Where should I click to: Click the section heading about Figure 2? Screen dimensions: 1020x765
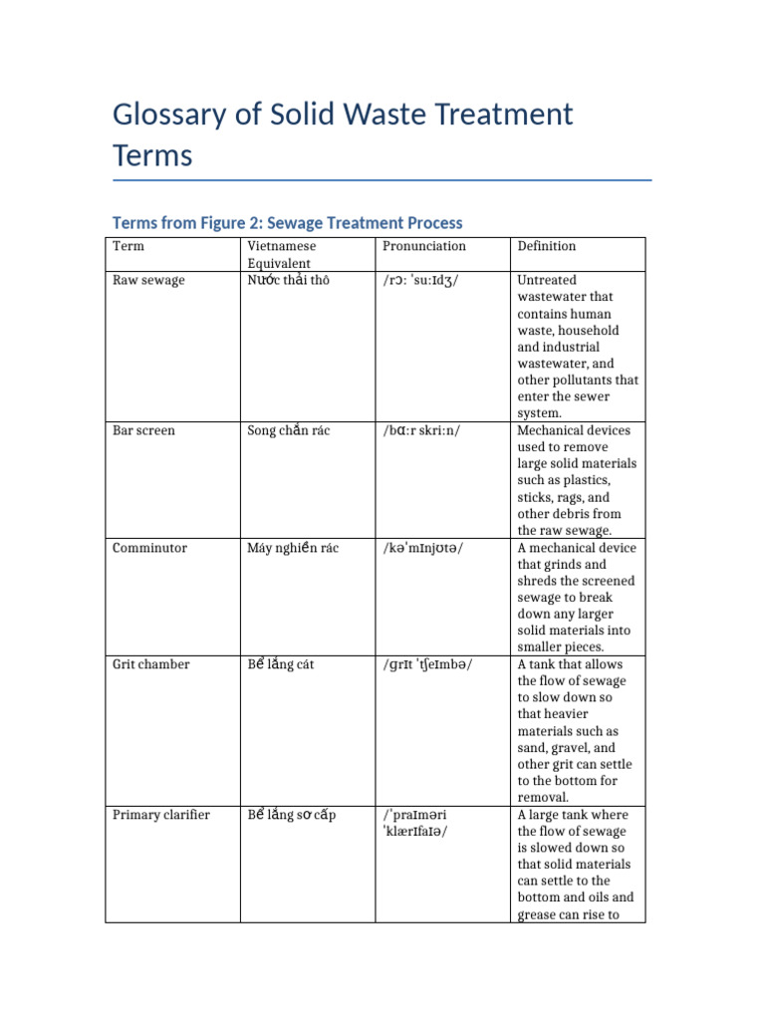click(287, 222)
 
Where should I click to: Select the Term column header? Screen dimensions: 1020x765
click(127, 246)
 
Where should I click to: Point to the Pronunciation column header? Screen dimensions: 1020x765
click(423, 246)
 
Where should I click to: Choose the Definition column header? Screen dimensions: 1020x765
click(546, 246)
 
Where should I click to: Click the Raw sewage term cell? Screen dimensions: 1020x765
click(148, 281)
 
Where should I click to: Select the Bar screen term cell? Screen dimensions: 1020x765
click(143, 430)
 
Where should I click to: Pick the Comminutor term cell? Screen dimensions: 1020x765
click(149, 548)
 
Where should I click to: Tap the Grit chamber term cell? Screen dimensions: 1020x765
click(150, 664)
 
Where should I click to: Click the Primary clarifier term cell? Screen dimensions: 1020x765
click(160, 815)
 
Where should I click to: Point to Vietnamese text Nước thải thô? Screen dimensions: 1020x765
click(288, 281)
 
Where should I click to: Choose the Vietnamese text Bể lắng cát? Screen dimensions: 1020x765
click(281, 664)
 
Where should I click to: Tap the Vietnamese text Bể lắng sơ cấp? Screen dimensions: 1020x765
click(292, 815)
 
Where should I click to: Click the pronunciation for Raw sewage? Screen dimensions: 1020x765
click(420, 281)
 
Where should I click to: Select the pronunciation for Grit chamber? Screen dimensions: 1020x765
click(427, 664)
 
